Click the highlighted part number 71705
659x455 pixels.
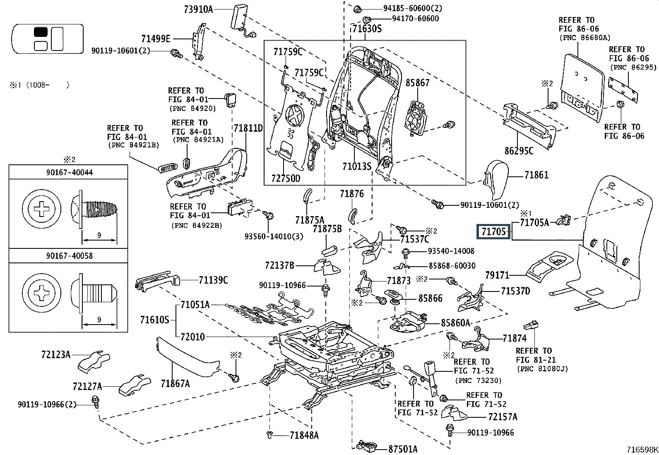(494, 232)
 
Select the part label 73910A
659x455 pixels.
(198, 9)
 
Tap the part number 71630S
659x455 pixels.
(367, 29)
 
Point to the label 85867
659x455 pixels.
(417, 83)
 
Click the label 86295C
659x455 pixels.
(519, 151)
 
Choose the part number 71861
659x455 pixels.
(536, 175)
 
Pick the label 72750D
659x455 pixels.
(286, 178)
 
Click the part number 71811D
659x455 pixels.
(248, 128)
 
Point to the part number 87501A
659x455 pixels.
(403, 449)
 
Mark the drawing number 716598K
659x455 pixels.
(641, 450)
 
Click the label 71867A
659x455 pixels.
(175, 383)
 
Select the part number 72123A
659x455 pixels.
(55, 354)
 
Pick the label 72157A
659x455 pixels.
(503, 416)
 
